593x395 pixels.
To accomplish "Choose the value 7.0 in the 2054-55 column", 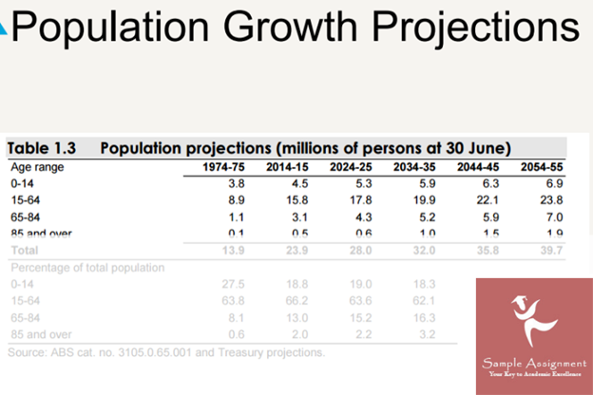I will (x=554, y=216).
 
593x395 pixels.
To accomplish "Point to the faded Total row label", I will (x=24, y=250).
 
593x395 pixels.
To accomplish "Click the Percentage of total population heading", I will (x=86, y=267).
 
